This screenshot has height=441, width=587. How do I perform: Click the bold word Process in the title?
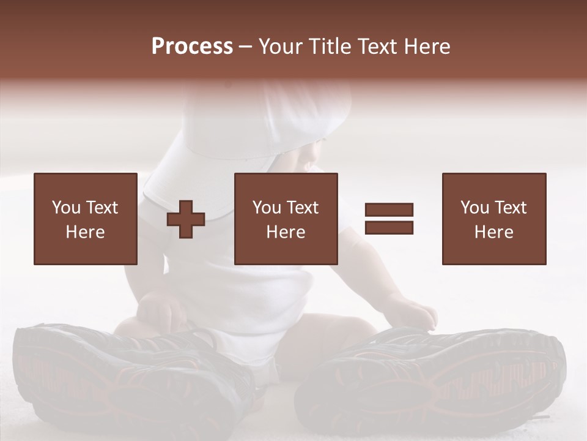[192, 47]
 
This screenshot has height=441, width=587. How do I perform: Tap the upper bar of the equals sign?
[389, 210]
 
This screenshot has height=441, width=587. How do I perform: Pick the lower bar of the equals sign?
[389, 228]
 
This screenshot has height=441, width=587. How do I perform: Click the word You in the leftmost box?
[66, 208]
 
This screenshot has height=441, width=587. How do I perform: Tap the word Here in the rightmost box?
[494, 232]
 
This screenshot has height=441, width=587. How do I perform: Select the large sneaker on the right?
[434, 380]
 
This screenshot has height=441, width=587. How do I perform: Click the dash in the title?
[245, 47]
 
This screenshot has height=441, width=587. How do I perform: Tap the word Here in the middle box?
[286, 232]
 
